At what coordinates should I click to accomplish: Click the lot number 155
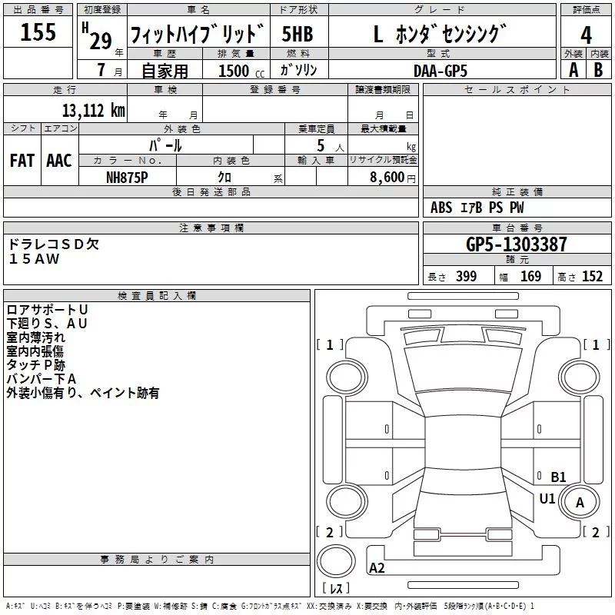[x=38, y=32]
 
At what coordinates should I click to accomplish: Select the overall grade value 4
[x=586, y=35]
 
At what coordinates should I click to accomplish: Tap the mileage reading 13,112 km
[x=93, y=111]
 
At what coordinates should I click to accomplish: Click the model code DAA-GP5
[x=440, y=71]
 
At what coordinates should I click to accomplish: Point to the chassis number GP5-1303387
[x=517, y=244]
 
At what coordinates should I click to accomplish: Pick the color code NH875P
[x=127, y=178]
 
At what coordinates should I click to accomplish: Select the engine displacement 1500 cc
[x=241, y=71]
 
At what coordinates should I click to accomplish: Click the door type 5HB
[x=298, y=34]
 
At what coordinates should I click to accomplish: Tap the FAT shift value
[x=22, y=161]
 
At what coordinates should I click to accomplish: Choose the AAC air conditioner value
[x=59, y=161]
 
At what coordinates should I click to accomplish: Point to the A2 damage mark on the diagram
[x=377, y=567]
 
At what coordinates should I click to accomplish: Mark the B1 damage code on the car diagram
[x=559, y=477]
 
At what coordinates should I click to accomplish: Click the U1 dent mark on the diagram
[x=547, y=498]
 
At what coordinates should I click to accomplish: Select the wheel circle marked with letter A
[x=580, y=502]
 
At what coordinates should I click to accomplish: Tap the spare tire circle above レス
[x=336, y=561]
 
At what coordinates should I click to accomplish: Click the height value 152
[x=592, y=276]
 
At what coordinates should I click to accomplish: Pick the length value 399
[x=467, y=276]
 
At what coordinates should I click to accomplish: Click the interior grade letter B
[x=598, y=70]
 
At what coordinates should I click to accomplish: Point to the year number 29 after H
[x=101, y=41]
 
